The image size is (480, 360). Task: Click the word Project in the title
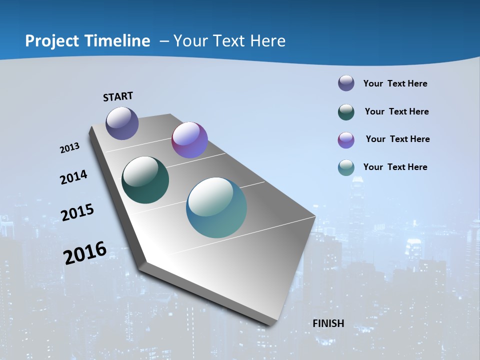(51, 41)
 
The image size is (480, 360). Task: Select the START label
(118, 96)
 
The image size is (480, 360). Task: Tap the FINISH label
(328, 323)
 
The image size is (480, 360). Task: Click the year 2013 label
(69, 148)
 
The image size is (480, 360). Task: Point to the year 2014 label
(73, 177)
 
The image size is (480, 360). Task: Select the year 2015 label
(77, 212)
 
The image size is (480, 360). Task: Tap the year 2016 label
(85, 252)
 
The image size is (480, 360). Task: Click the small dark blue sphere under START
(122, 123)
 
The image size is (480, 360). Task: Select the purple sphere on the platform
(189, 140)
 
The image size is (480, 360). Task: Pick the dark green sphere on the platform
(145, 180)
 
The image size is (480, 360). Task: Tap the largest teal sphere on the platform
(216, 207)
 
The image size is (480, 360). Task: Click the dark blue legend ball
(346, 83)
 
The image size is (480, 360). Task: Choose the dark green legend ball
(346, 112)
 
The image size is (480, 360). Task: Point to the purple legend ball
(346, 140)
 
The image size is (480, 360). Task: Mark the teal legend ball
(346, 167)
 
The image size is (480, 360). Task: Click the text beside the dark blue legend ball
(395, 83)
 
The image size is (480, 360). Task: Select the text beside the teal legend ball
(395, 167)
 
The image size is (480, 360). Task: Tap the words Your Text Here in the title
(229, 41)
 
